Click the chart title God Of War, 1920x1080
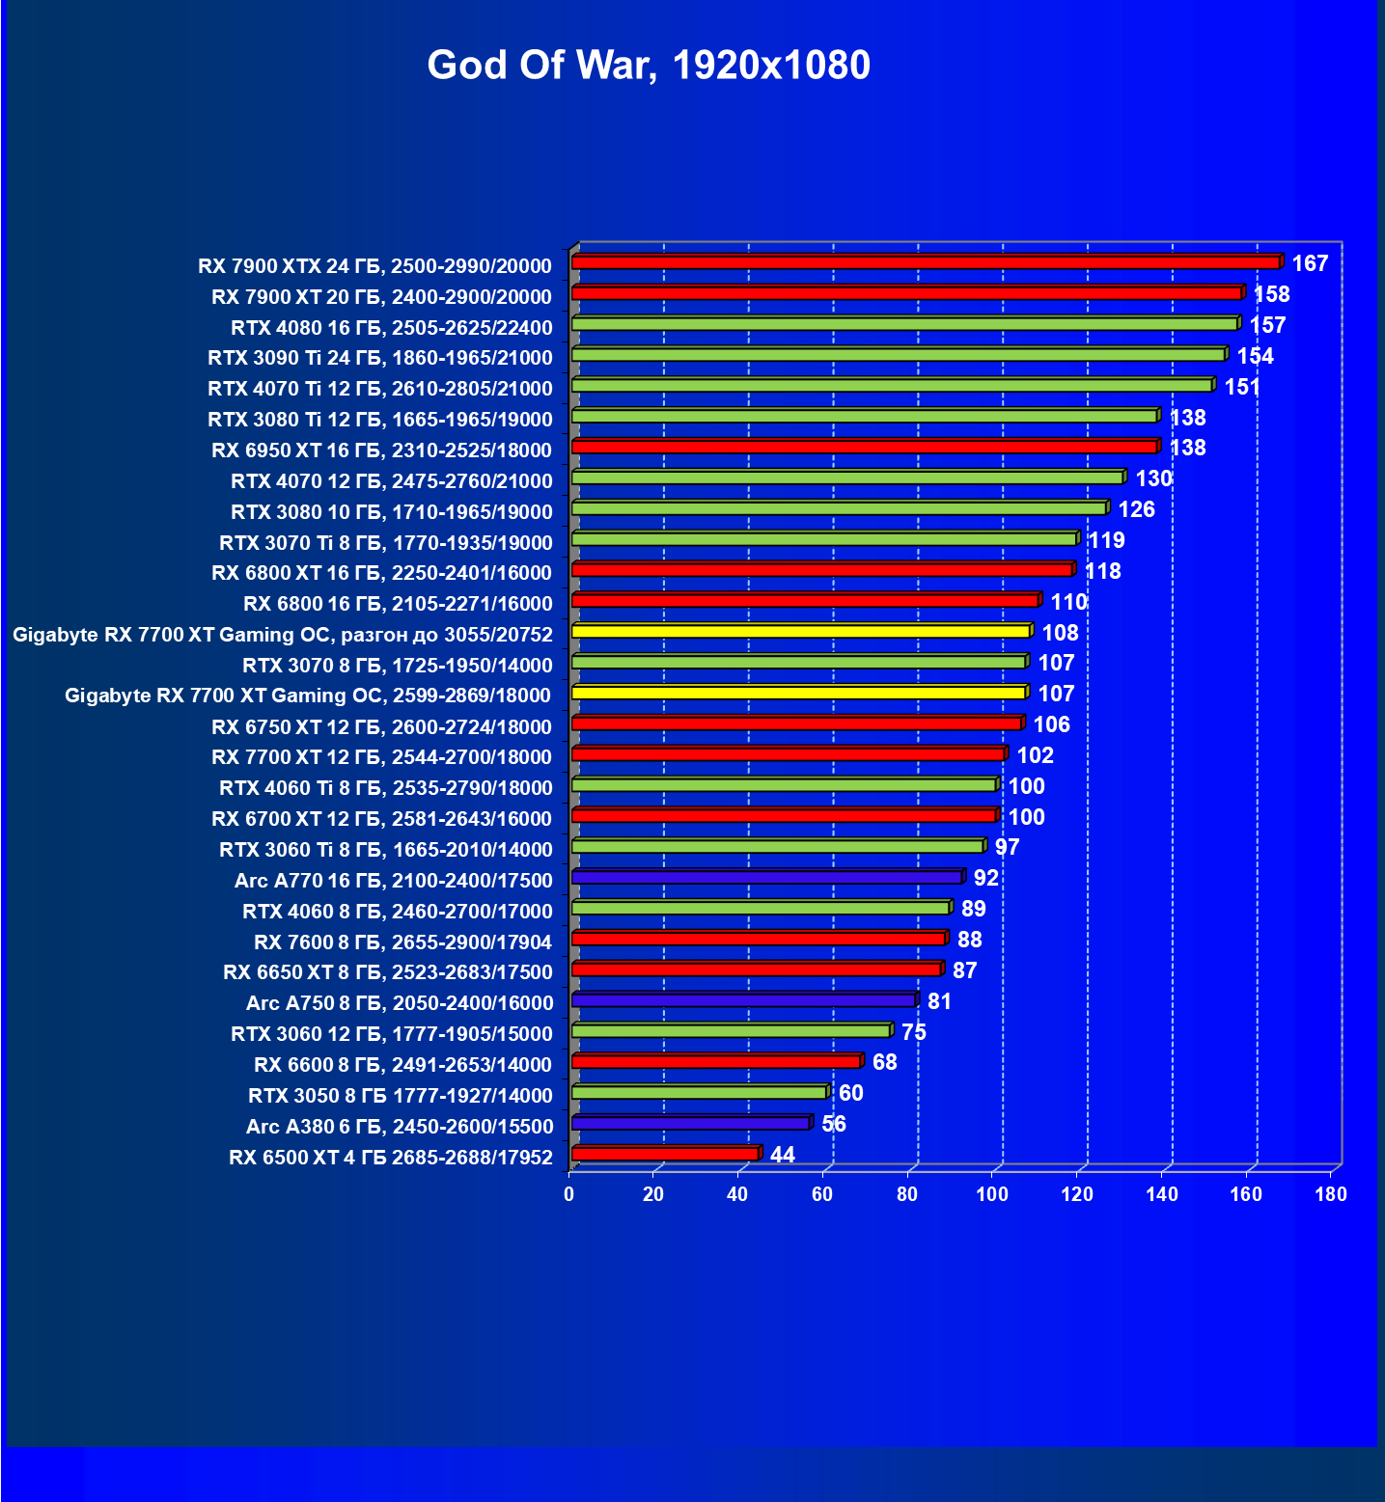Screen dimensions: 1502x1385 [649, 65]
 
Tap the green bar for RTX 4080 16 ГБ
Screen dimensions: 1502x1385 [904, 324]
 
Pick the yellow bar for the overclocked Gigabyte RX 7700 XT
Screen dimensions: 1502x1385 [801, 632]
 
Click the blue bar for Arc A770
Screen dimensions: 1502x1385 [767, 878]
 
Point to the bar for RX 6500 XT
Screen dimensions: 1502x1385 [665, 1154]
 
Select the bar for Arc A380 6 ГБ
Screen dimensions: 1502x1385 [690, 1123]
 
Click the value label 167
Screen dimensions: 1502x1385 [1310, 263]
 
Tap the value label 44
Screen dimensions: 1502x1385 [783, 1155]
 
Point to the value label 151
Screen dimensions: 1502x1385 [1242, 387]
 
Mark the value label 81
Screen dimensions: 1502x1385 [939, 1001]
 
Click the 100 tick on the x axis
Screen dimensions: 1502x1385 [991, 1194]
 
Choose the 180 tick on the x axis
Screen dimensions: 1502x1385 [1331, 1194]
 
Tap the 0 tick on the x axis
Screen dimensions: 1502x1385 [569, 1194]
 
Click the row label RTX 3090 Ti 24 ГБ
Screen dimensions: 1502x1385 [380, 358]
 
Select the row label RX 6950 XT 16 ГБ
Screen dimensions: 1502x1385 [382, 451]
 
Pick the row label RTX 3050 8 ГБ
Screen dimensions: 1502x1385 [401, 1096]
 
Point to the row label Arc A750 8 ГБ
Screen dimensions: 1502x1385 [400, 1003]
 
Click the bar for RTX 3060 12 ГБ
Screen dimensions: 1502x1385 [731, 1031]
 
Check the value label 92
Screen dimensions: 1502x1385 [985, 878]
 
